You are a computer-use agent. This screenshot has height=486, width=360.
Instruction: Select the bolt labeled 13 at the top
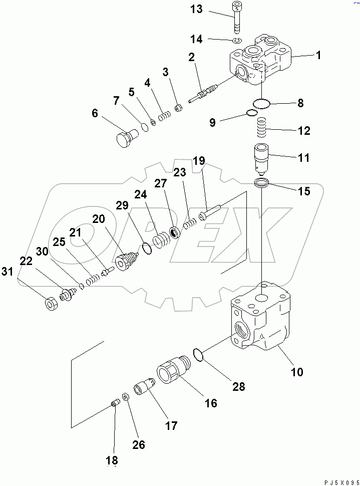click(236, 17)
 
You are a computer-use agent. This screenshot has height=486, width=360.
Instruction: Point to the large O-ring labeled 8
click(261, 104)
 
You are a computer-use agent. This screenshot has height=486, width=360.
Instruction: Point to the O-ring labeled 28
click(198, 355)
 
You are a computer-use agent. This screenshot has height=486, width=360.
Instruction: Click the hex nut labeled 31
click(50, 304)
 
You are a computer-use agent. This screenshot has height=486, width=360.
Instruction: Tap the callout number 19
click(199, 161)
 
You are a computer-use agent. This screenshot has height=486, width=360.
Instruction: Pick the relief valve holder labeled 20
click(126, 262)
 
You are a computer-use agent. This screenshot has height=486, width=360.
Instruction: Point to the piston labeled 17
click(144, 389)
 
